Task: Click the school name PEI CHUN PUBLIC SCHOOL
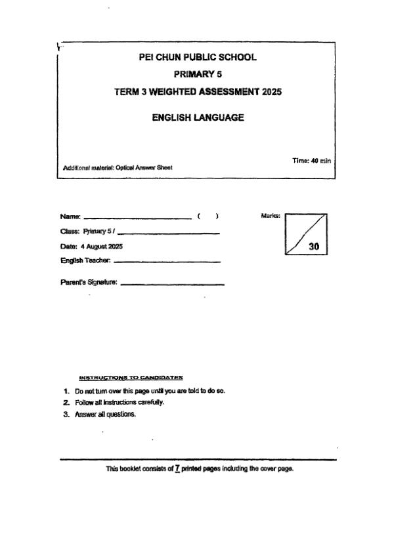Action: point(198,57)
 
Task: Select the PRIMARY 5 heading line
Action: point(198,75)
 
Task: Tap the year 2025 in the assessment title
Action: point(271,93)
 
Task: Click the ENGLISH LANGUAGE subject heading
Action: point(198,118)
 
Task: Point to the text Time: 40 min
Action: point(311,160)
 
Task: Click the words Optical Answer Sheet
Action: point(153,167)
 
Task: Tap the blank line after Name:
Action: point(138,217)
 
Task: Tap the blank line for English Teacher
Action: point(167,262)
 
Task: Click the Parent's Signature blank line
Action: point(173,284)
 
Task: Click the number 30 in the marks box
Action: point(314,247)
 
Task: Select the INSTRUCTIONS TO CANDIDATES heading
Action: point(131,377)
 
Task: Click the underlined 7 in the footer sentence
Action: point(177,469)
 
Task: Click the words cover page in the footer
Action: point(276,469)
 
